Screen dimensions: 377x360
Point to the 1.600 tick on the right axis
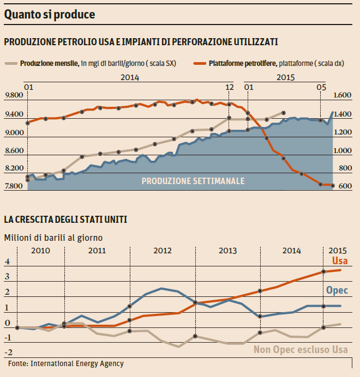(343, 96)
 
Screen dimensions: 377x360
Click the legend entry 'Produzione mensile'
(49, 64)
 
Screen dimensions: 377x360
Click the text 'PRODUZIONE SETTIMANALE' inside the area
(193, 181)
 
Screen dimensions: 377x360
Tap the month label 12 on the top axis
(230, 87)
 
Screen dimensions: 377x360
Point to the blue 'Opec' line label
(337, 290)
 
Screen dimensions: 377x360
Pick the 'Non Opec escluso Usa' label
(299, 349)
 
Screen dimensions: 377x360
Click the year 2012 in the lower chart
(163, 251)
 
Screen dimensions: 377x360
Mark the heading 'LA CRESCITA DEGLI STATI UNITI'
(65, 220)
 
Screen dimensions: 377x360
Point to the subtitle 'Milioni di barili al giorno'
(53, 238)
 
